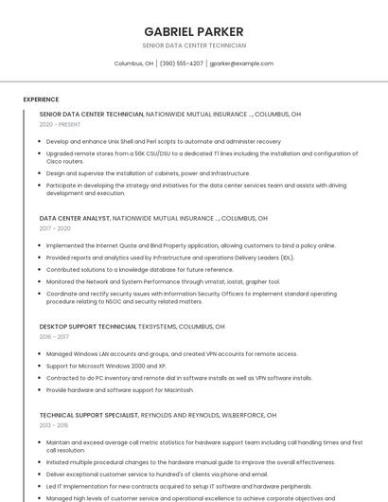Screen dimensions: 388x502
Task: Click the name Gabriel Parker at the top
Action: pos(193,31)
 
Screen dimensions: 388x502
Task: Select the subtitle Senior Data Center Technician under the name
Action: pos(193,45)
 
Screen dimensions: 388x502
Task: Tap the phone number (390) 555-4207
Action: pos(182,63)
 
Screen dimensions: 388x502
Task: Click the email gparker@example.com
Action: pos(241,63)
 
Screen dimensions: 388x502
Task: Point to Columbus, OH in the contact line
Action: pos(133,63)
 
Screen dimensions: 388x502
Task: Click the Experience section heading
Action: pos(41,99)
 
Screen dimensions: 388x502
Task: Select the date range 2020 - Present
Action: pos(60,124)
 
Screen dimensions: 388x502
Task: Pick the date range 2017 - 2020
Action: pos(55,228)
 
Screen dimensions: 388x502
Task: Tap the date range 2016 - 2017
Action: pos(54,336)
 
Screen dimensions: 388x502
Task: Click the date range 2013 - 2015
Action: pos(54,425)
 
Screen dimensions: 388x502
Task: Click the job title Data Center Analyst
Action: pos(75,218)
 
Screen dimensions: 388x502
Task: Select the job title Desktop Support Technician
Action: pos(87,326)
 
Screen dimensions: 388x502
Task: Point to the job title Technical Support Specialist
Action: pos(89,415)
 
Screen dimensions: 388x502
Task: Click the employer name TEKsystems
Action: pos(164,326)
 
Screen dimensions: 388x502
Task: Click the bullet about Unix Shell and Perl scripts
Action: pos(163,141)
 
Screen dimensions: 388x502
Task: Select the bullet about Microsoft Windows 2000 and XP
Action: pos(106,366)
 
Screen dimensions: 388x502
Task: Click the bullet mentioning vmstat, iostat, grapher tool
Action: pos(163,281)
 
